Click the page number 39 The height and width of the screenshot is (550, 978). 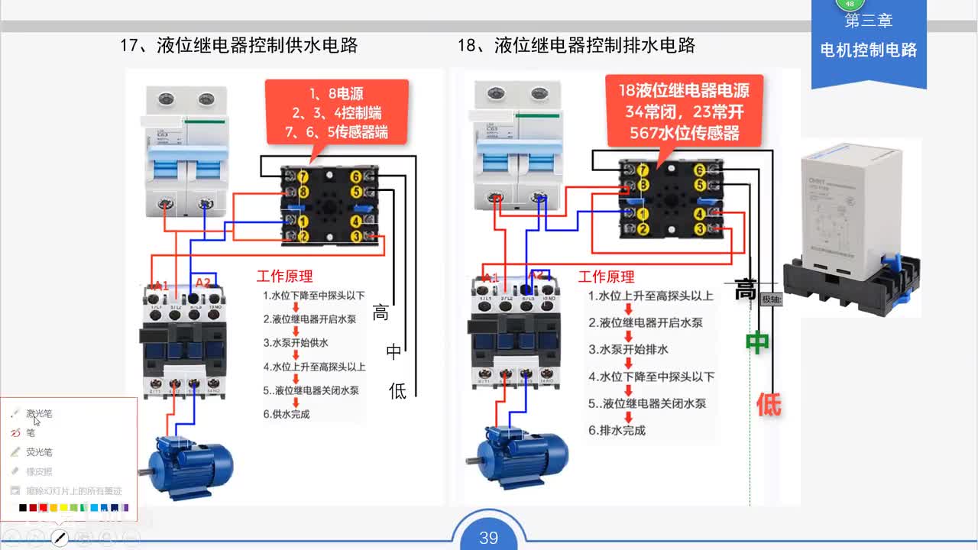point(488,538)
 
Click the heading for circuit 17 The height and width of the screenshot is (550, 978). point(238,45)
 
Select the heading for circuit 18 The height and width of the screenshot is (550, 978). point(576,45)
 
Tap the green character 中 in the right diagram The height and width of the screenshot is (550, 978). point(757,344)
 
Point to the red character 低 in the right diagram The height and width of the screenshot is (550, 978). point(769,404)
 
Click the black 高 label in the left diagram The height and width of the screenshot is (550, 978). point(381,312)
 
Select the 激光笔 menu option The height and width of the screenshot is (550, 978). point(39,413)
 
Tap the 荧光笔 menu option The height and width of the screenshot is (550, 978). point(39,451)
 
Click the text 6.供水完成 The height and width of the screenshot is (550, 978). point(287,414)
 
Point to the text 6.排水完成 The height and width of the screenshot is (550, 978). point(617,430)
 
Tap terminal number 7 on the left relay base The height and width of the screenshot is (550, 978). point(303,177)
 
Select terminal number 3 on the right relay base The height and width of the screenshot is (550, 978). point(699,229)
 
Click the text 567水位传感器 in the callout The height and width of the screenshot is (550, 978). point(685,133)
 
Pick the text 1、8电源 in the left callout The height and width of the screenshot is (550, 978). point(336,94)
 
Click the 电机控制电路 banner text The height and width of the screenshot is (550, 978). point(868,50)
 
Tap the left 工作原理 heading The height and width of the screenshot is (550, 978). point(284,277)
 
